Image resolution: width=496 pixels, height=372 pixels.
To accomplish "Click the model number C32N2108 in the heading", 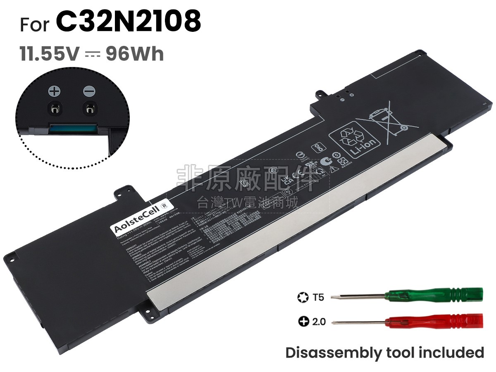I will coord(128,21).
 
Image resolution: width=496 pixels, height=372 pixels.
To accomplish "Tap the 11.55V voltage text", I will coord(49,54).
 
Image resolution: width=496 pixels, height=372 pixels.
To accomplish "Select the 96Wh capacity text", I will coord(135,54).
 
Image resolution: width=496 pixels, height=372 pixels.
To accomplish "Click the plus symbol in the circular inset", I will coord(54,91).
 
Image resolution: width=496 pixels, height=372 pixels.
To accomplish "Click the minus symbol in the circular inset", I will coord(89,91).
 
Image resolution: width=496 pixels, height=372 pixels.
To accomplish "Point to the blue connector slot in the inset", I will coord(74,128).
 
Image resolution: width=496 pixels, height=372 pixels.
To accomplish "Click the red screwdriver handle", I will coord(434,321).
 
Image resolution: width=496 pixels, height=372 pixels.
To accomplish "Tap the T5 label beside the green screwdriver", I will coord(319,297).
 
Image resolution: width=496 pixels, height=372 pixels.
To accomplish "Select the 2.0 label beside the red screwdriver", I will coord(319,321).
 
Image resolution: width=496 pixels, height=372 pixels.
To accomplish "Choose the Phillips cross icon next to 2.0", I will coord(304,321).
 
